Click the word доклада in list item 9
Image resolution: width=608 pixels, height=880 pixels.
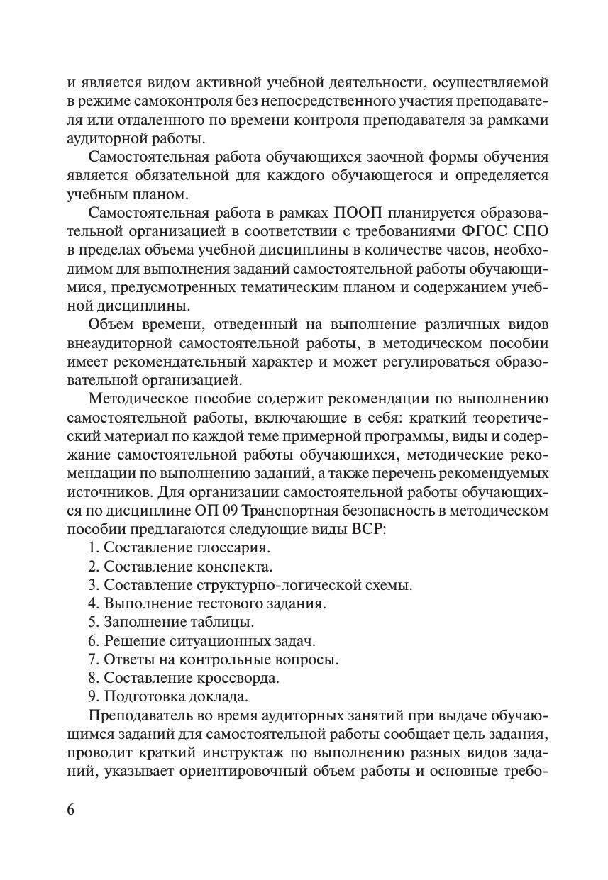pyautogui.click(x=220, y=696)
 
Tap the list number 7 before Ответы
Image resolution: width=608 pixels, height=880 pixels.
pyautogui.click(x=92, y=659)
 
